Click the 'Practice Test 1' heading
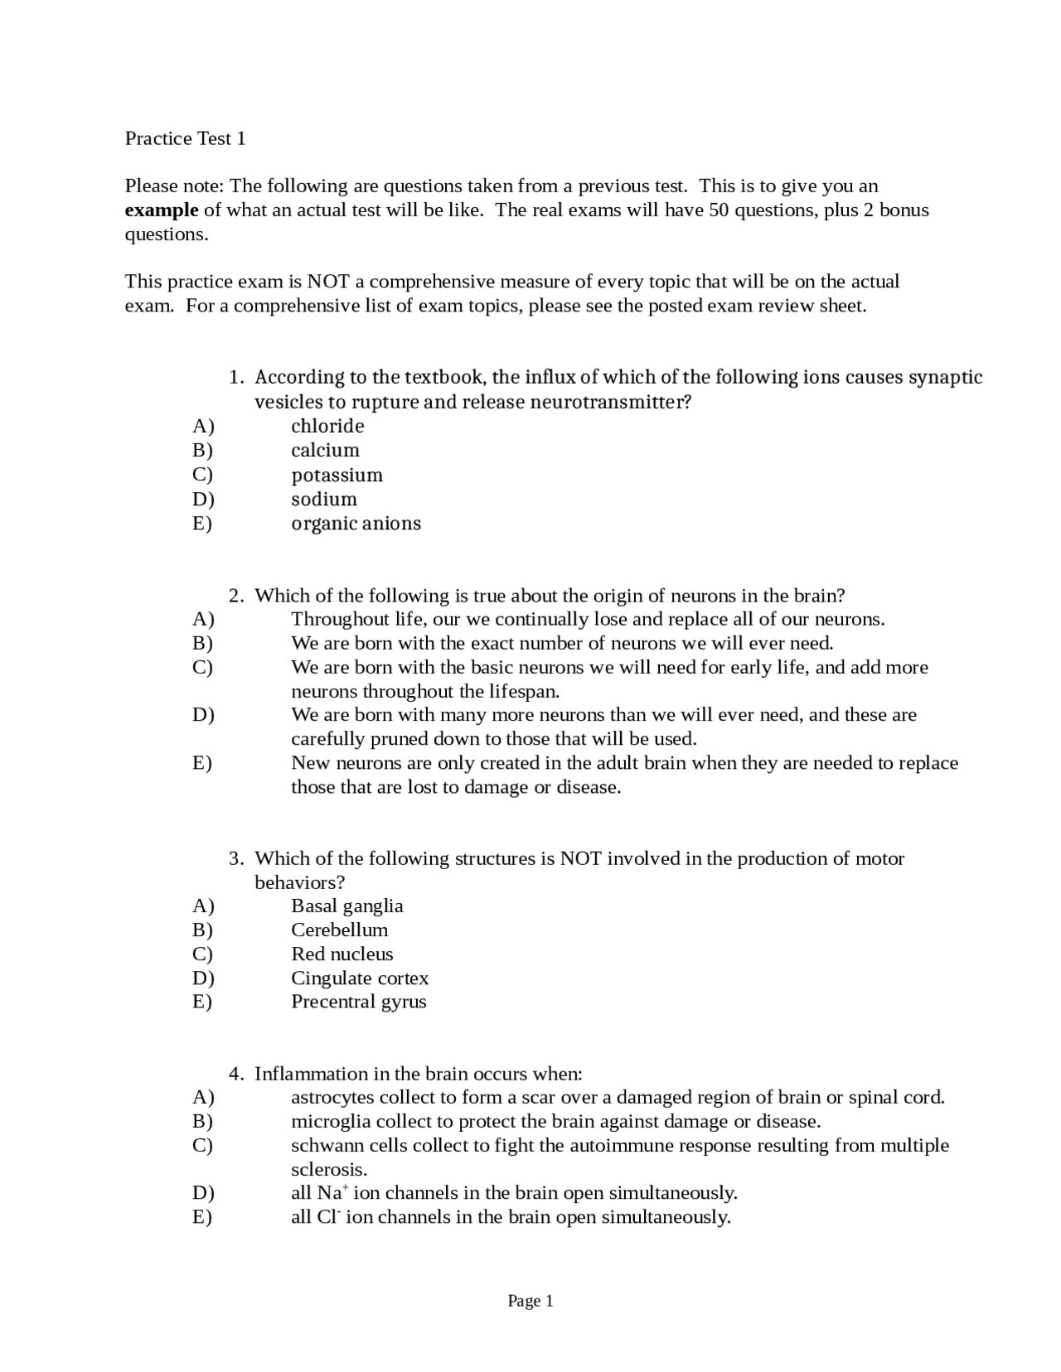click(185, 138)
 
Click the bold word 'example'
click(162, 210)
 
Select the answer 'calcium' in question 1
click(325, 451)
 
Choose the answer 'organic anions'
click(356, 524)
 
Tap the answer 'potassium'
click(337, 476)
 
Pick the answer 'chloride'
click(327, 427)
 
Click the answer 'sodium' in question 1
click(324, 500)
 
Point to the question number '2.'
click(236, 596)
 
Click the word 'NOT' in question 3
click(580, 858)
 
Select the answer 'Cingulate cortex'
click(360, 978)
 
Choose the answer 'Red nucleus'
click(342, 954)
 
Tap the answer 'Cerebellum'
click(339, 930)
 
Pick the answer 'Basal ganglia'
click(346, 906)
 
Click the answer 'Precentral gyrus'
click(358, 1002)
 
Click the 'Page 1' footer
click(530, 1302)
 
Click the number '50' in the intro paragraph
click(719, 210)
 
